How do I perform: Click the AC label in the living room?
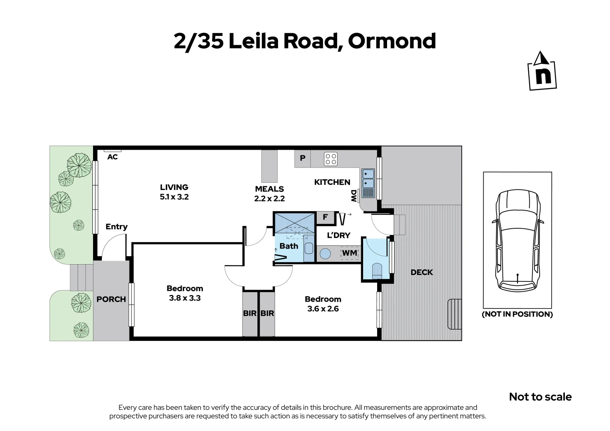[x=113, y=157]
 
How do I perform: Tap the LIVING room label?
[x=174, y=187]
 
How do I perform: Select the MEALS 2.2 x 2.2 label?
[x=270, y=194]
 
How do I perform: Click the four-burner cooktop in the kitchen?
[x=331, y=159]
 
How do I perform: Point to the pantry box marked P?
[x=302, y=158]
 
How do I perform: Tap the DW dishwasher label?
[x=354, y=195]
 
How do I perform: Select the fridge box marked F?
[x=325, y=217]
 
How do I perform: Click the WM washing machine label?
[x=350, y=253]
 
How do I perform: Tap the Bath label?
[x=289, y=246]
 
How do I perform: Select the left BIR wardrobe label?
[x=250, y=313]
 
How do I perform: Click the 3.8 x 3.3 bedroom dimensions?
[x=185, y=298]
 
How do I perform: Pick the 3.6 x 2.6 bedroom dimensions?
[x=323, y=308]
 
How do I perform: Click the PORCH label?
[x=111, y=299]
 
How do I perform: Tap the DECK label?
[x=422, y=272]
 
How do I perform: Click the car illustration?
[x=517, y=240]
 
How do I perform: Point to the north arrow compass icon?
[x=542, y=71]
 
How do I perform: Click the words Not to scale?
[x=540, y=397]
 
